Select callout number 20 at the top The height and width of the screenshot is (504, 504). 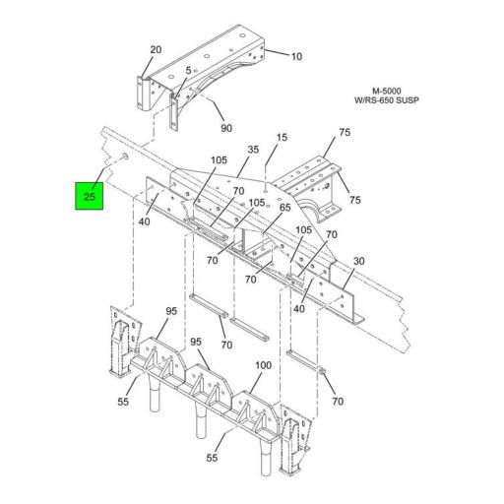(156, 49)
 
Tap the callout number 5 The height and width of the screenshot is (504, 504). (188, 71)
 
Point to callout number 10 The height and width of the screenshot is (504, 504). (296, 56)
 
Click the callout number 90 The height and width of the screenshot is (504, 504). (225, 129)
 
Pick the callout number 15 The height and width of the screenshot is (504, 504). (282, 138)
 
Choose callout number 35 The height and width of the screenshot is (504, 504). (253, 150)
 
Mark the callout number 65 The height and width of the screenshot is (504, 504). (284, 208)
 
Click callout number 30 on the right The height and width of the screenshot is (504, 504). (359, 261)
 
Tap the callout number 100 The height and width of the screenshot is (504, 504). (263, 365)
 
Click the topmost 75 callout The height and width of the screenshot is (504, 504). (345, 132)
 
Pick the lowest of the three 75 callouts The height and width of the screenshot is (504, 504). (354, 200)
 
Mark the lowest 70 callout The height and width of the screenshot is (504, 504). (339, 402)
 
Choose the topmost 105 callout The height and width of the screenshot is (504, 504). (218, 160)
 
